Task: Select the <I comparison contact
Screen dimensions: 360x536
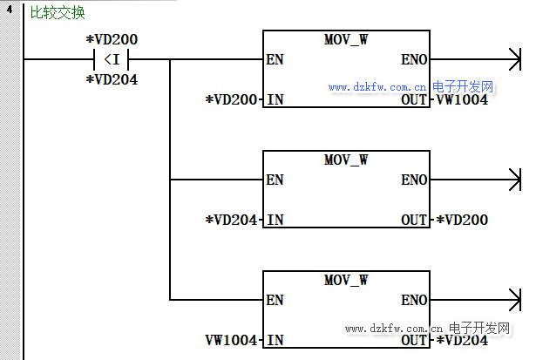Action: (112, 60)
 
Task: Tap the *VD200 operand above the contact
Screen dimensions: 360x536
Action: (112, 40)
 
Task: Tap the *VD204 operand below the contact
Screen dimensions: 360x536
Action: (112, 80)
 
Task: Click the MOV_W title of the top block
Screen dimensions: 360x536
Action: (346, 40)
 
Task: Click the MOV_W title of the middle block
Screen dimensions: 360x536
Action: (346, 160)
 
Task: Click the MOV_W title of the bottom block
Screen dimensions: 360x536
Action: (346, 280)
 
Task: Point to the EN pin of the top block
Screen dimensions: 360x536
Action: (275, 60)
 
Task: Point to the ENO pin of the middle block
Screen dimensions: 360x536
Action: (414, 180)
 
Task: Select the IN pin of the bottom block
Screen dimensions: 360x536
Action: (275, 340)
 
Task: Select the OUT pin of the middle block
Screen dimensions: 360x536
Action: (414, 220)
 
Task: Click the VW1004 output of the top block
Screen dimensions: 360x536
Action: (461, 99)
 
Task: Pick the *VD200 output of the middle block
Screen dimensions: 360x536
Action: (461, 220)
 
